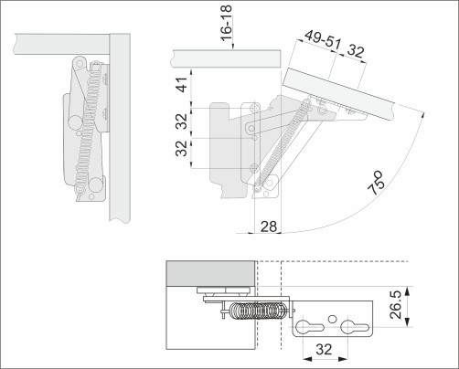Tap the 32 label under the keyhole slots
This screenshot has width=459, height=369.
pos(325,349)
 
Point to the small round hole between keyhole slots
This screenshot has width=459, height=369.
pos(328,330)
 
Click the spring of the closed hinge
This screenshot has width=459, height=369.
pos(89,137)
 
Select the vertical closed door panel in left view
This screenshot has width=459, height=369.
pos(117,128)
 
